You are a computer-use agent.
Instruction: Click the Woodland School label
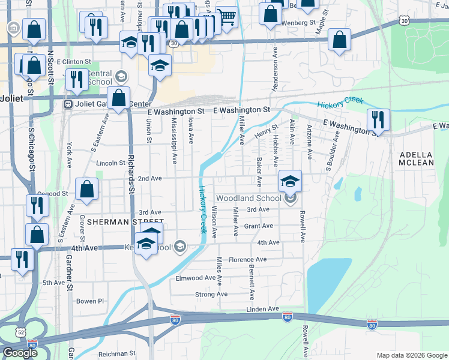(249, 198)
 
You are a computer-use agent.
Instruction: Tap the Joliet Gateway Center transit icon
(68, 104)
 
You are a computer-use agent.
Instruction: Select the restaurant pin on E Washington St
(378, 119)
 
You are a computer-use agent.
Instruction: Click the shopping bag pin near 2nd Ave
(87, 188)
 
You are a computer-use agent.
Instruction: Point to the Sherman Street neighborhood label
(117, 221)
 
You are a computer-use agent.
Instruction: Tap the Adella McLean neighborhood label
(417, 158)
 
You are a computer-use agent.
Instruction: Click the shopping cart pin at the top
(226, 17)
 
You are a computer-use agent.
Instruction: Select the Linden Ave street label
(262, 308)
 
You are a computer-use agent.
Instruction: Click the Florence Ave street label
(247, 260)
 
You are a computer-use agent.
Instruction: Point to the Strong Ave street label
(211, 295)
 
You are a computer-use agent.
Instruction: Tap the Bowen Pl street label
(90, 301)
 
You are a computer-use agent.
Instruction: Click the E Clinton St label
(73, 61)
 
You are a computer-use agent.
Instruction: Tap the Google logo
(19, 353)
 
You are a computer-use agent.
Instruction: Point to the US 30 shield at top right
(403, 21)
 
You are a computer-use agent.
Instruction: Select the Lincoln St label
(110, 163)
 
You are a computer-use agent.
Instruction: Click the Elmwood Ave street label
(195, 278)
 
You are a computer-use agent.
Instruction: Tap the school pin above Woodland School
(290, 181)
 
